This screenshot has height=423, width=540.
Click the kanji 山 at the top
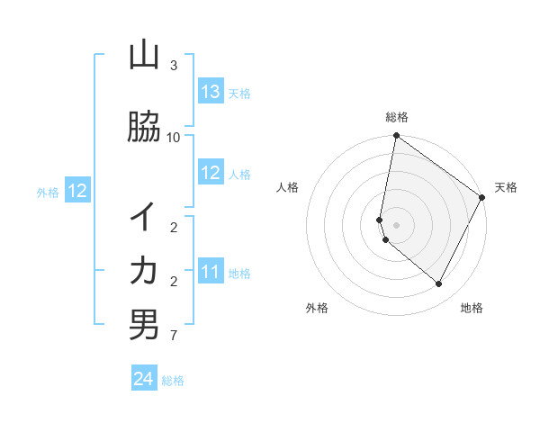[144, 56]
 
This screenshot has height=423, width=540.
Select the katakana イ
[144, 216]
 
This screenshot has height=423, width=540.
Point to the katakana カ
[144, 270]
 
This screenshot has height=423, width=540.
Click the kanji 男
[144, 324]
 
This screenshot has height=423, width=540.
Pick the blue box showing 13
[211, 92]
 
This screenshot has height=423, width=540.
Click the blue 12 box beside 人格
[211, 173]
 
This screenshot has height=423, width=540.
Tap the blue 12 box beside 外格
[77, 191]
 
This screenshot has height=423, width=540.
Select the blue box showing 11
[211, 272]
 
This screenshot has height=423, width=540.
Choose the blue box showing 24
[144, 379]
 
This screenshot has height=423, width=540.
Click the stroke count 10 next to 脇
[174, 137]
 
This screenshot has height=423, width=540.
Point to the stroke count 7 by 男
[174, 336]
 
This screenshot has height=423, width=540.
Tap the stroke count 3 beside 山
[174, 66]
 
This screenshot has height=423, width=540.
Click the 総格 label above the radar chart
[397, 117]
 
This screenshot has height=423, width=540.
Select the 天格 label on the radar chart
[506, 187]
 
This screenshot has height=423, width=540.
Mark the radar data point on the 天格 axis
[482, 198]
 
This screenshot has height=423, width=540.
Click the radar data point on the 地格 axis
[439, 284]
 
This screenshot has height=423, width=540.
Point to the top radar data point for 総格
[396, 137]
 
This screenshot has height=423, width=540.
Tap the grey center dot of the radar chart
[396, 225]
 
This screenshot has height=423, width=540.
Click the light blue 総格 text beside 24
[173, 381]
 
